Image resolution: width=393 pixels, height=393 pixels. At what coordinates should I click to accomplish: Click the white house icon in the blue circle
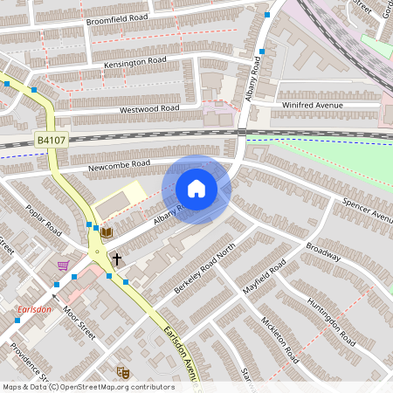pyautogui.click(x=196, y=189)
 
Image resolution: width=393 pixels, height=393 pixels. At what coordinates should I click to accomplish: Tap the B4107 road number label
pyautogui.click(x=51, y=140)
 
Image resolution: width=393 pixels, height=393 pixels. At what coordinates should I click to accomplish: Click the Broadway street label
pyautogui.click(x=322, y=251)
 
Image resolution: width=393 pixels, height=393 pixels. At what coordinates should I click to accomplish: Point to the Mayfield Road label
pyautogui.click(x=265, y=279)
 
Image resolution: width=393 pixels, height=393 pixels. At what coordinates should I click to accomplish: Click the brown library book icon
pyautogui.click(x=107, y=232)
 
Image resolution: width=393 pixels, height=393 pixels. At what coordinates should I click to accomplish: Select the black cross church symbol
pyautogui.click(x=116, y=259)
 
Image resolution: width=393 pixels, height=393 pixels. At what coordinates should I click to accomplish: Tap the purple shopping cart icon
pyautogui.click(x=63, y=265)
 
